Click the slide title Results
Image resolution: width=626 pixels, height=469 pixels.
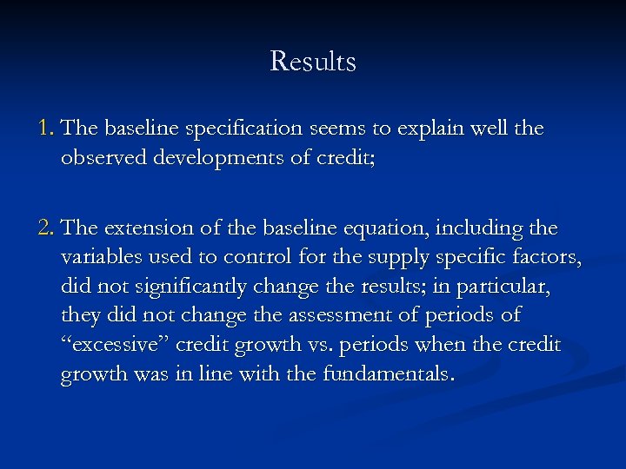[x=313, y=62]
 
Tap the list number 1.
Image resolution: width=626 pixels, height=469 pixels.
[x=46, y=129]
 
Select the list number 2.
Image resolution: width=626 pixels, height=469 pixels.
[x=47, y=228]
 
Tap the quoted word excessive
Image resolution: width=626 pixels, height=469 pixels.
[x=114, y=346]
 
